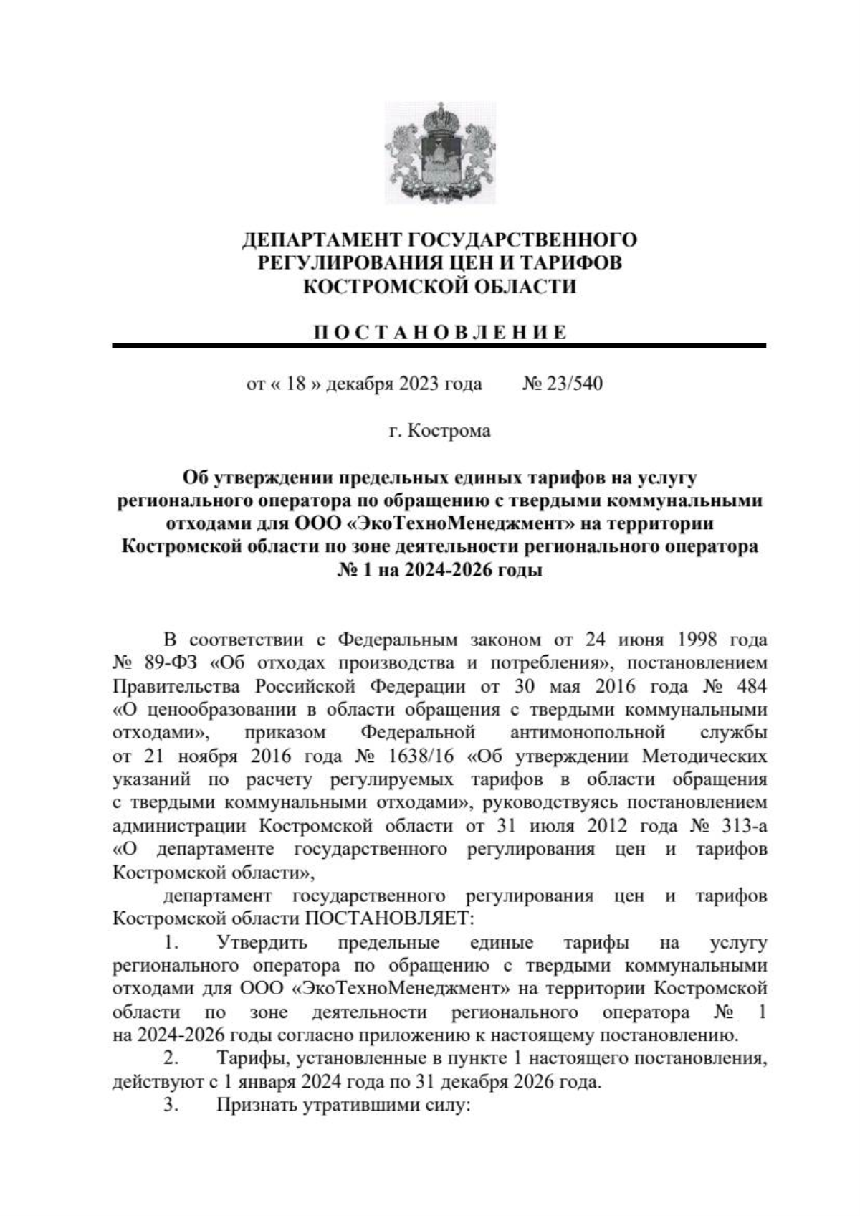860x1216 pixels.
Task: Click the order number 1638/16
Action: pyautogui.click(x=417, y=756)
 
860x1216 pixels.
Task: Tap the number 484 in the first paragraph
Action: pyautogui.click(x=751, y=685)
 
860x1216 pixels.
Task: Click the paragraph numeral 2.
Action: pyautogui.click(x=171, y=1058)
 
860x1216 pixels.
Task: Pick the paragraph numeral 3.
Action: pyautogui.click(x=171, y=1105)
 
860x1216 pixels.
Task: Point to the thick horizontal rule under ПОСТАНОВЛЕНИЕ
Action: pyautogui.click(x=439, y=346)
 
